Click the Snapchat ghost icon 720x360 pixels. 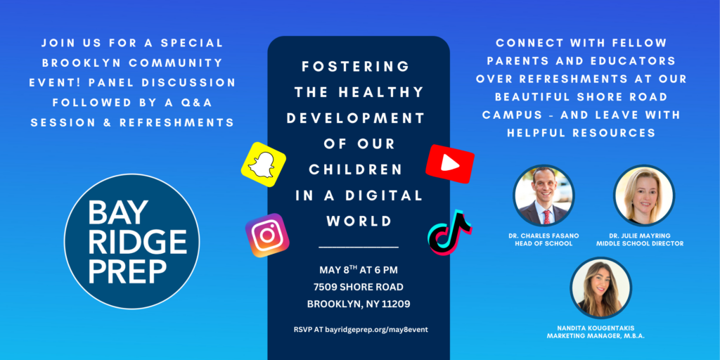click(264, 165)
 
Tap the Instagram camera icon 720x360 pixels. click(267, 235)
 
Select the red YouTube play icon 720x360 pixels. click(450, 164)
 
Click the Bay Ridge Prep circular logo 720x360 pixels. click(131, 241)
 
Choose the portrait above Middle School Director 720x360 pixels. click(644, 195)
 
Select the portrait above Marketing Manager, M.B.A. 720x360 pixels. click(601, 288)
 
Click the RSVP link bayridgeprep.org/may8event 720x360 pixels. click(377, 329)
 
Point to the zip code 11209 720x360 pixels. click(395, 304)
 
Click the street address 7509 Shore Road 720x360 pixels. click(358, 287)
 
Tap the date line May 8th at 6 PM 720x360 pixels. click(359, 269)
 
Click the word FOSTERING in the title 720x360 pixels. click(355, 67)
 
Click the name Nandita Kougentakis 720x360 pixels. click(601, 328)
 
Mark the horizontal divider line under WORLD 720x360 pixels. click(359, 247)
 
